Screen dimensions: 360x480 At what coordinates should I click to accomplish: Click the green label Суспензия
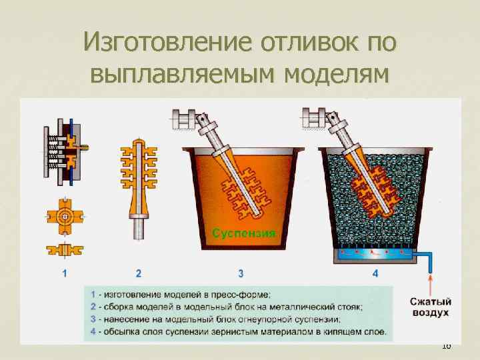pos(243,233)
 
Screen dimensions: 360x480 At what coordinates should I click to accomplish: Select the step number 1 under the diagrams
pos(65,273)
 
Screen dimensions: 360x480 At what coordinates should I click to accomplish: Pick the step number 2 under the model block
pos(139,273)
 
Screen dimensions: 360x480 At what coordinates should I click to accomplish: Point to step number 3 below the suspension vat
pos(241,273)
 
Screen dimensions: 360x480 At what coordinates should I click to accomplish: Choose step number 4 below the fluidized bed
pos(375,273)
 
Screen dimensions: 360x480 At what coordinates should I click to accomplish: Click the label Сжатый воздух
pos(429,307)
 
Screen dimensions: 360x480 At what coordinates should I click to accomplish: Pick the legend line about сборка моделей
pos(226,306)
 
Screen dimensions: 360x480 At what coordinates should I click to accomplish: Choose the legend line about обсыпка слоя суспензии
pos(241,331)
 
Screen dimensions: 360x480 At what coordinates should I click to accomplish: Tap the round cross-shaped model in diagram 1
pos(65,217)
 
